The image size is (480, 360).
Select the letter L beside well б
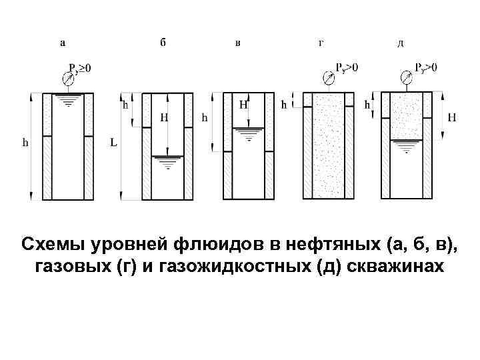click(113, 143)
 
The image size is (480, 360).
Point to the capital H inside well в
click(243, 105)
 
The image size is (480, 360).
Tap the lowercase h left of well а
click(25, 142)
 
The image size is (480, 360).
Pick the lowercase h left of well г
click(283, 105)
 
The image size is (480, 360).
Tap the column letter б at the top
click(163, 42)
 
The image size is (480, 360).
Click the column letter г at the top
click(321, 43)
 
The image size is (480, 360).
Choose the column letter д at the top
click(400, 43)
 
